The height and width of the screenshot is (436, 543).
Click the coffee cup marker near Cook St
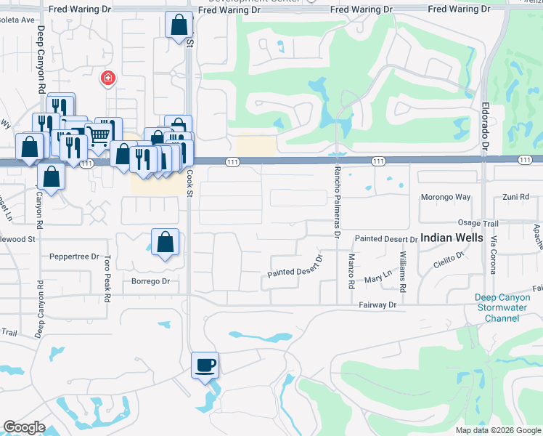pyautogui.click(x=205, y=365)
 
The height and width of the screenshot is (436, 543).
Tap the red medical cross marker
pyautogui.click(x=107, y=78)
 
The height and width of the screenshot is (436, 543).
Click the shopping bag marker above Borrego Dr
pyautogui.click(x=165, y=243)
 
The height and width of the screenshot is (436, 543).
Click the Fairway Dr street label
pyautogui.click(x=377, y=305)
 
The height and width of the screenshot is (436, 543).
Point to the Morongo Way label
pyautogui.click(x=446, y=197)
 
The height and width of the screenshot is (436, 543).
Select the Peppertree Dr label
pyautogui.click(x=74, y=257)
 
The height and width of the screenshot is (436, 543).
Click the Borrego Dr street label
pyautogui.click(x=150, y=281)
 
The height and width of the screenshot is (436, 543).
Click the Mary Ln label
pyautogui.click(x=377, y=278)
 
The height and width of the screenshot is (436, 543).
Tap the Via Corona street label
pyautogui.click(x=492, y=257)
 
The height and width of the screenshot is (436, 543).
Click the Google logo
pyautogui.click(x=25, y=427)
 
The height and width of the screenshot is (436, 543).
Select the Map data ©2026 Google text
pyautogui.click(x=498, y=430)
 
